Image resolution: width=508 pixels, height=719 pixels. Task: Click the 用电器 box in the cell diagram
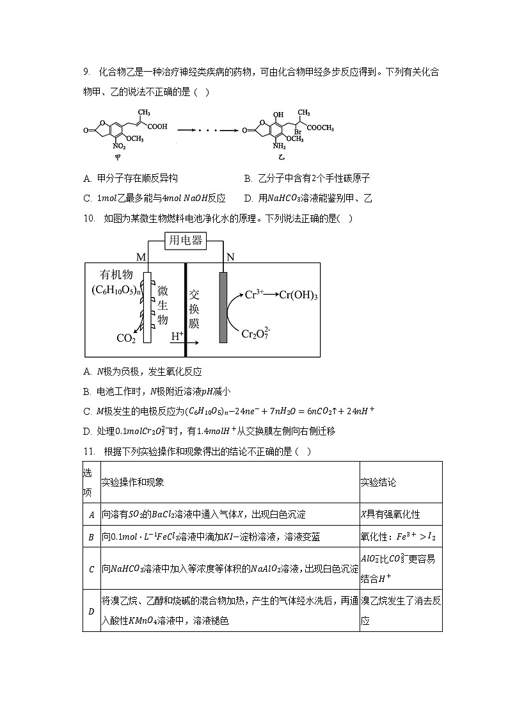click(185, 241)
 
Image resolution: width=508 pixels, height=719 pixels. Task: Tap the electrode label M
click(141, 257)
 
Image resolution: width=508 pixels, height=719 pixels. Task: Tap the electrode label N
click(230, 257)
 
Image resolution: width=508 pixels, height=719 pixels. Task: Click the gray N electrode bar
click(223, 307)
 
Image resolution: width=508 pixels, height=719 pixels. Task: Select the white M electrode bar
click(147, 307)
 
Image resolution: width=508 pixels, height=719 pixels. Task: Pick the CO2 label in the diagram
click(126, 339)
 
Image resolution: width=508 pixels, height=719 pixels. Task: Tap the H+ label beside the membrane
click(177, 335)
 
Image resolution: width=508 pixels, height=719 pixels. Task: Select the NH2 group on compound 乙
click(276, 147)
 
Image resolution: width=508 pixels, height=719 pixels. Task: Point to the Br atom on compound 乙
click(298, 132)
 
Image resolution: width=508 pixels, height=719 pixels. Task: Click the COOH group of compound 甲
click(157, 126)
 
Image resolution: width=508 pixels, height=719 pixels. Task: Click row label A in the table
click(91, 514)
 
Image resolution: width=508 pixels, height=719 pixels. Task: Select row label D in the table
click(91, 611)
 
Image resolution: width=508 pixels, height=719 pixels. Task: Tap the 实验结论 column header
click(378, 482)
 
